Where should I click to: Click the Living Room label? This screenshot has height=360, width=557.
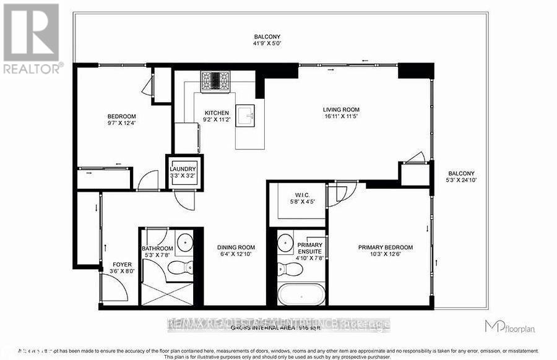click(x=340, y=110)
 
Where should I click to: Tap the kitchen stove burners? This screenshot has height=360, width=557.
click(x=215, y=80)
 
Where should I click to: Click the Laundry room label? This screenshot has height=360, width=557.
click(x=184, y=169)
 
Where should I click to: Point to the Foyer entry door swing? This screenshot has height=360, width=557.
click(x=113, y=287)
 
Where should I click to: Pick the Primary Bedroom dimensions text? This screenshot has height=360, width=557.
click(x=385, y=254)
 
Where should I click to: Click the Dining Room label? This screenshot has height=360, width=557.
click(x=236, y=247)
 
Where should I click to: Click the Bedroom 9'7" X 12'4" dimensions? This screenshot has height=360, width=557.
click(x=122, y=124)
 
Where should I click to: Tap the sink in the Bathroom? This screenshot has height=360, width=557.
click(x=185, y=242)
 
